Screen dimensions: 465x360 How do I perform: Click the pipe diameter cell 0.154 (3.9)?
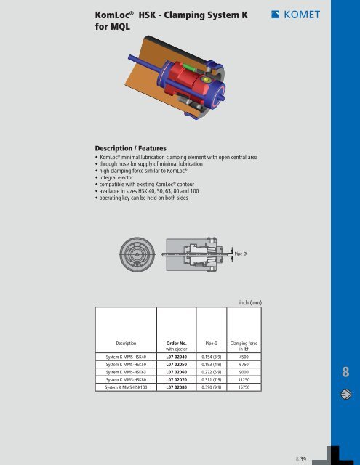tap(212, 357)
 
